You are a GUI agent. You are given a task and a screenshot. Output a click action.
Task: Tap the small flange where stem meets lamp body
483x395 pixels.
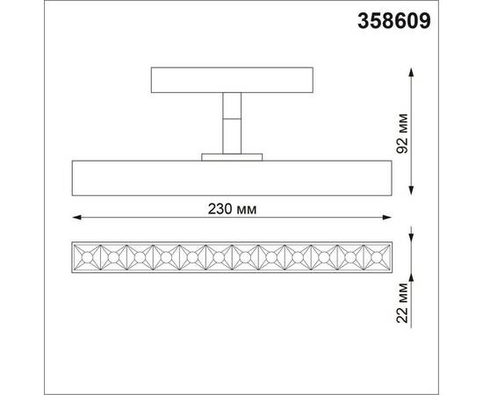coord(231,157)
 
